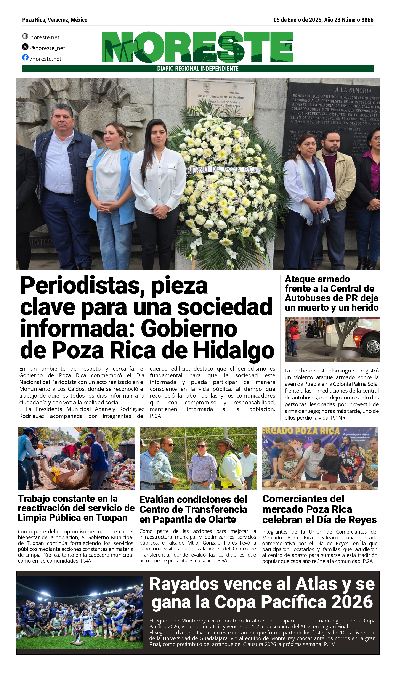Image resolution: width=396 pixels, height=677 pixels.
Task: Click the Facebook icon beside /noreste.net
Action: tap(25, 57)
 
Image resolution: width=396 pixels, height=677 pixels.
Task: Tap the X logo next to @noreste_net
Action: tap(25, 47)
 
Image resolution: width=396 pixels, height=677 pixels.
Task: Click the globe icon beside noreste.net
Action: tap(25, 36)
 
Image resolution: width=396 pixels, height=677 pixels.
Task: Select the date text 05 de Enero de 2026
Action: tap(297, 20)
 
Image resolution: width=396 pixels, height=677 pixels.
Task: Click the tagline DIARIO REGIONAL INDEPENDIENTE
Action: tap(198, 69)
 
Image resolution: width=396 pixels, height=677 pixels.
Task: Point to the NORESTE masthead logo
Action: tap(197, 47)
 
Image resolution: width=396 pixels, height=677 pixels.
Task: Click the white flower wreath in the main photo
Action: tap(226, 183)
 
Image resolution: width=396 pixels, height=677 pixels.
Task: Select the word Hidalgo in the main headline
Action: tap(234, 350)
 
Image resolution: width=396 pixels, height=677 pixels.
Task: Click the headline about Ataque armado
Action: tap(332, 293)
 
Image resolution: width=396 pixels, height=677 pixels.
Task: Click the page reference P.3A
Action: tap(156, 416)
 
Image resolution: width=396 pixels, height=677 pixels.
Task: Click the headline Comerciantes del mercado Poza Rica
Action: tap(319, 509)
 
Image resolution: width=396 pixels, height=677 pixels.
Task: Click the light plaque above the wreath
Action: tap(221, 97)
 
